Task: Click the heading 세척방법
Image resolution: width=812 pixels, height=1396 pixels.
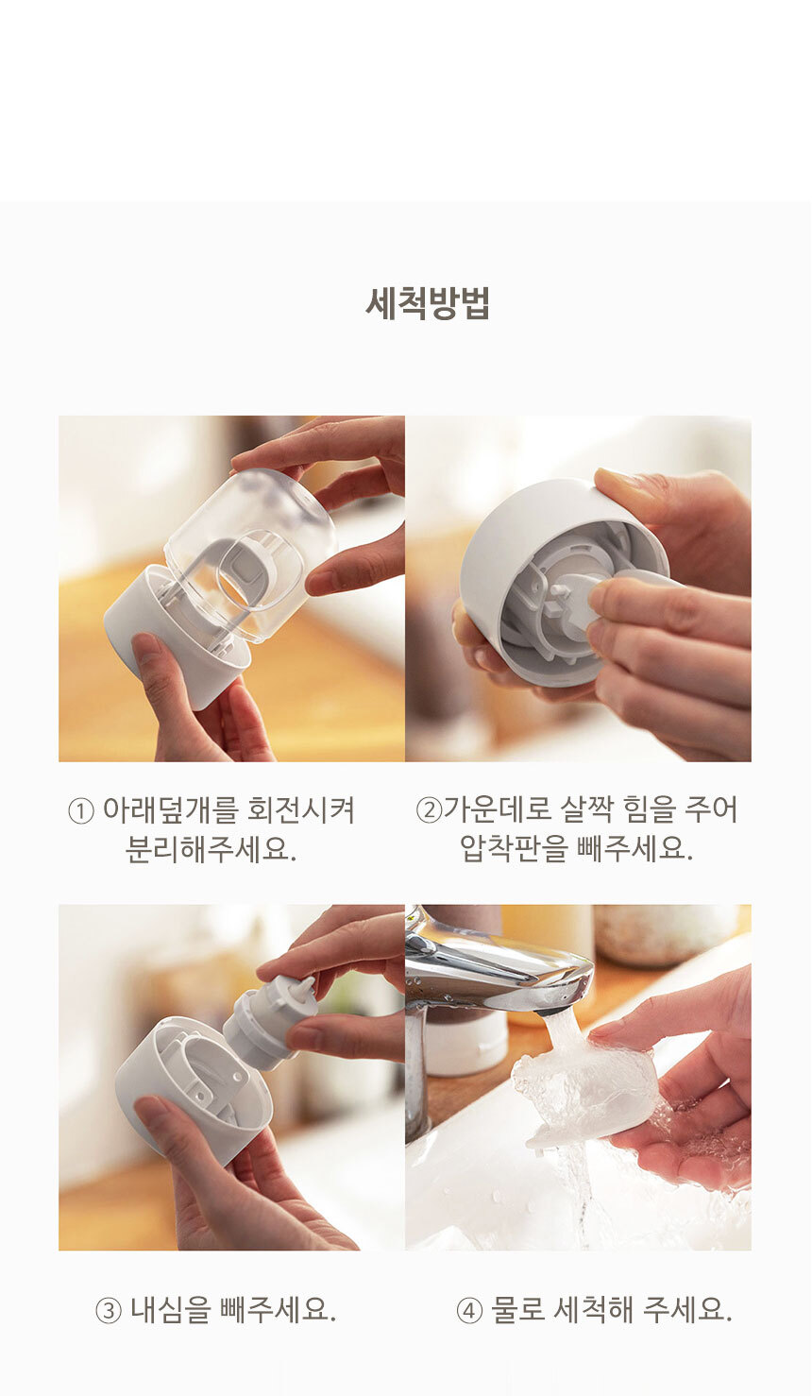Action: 428,303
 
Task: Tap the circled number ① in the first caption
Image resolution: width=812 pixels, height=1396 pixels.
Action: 81,811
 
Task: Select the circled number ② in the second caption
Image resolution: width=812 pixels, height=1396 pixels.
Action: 429,810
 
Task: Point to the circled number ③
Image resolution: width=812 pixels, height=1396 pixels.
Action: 110,1311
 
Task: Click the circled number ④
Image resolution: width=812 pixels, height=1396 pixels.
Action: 470,1311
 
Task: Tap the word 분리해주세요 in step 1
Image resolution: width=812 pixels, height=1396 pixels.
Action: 209,849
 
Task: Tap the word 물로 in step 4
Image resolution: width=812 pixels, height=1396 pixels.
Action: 517,1309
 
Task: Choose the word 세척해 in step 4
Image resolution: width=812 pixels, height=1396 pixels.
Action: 593,1309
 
